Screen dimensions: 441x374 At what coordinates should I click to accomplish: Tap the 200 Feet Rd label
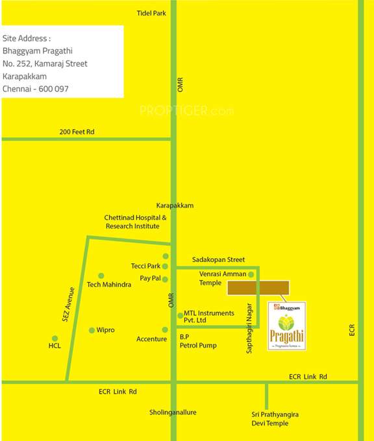click(77, 132)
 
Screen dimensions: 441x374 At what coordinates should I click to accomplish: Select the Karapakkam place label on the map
click(175, 206)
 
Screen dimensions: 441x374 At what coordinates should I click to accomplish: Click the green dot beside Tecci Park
click(165, 266)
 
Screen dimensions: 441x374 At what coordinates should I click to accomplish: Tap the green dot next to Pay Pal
click(165, 279)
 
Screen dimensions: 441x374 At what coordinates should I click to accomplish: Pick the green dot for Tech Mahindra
click(101, 275)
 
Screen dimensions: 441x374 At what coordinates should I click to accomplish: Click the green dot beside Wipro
click(92, 330)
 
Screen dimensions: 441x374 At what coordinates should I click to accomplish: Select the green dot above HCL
click(55, 338)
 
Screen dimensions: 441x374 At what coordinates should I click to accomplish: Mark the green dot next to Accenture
click(165, 329)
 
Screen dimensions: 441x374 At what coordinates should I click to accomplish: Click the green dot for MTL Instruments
click(180, 315)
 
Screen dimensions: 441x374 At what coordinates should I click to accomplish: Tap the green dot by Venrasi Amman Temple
click(251, 274)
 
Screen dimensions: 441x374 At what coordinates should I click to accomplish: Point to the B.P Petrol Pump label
click(198, 342)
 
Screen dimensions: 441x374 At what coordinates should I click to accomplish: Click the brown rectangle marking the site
click(257, 288)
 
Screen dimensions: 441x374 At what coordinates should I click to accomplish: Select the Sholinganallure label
click(173, 412)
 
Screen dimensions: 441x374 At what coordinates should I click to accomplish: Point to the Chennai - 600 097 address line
click(36, 89)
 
